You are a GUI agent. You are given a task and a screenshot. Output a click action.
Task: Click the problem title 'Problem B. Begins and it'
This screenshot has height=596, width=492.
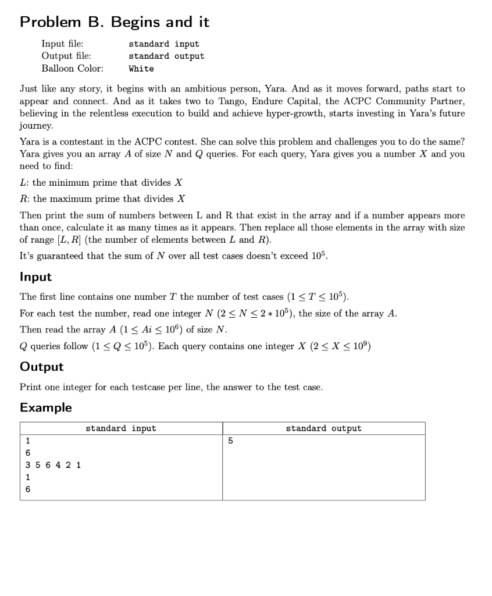(115, 22)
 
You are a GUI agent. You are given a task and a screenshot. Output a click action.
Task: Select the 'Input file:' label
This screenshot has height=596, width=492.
(62, 44)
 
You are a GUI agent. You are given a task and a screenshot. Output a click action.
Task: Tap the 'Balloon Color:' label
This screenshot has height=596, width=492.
(73, 68)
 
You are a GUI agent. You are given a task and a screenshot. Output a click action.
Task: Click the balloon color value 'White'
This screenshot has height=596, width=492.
(141, 69)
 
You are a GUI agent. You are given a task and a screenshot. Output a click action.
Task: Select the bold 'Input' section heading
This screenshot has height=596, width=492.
(36, 277)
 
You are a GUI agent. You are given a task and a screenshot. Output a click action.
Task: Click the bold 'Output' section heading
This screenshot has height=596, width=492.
(42, 367)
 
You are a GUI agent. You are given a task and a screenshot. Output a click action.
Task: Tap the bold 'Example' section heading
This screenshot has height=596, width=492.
(46, 407)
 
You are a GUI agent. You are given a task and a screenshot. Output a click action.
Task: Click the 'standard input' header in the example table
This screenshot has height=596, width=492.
(121, 428)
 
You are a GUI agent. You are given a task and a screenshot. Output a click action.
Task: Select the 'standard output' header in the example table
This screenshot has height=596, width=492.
(323, 428)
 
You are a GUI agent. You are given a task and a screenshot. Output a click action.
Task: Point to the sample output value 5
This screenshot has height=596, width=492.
(230, 441)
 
